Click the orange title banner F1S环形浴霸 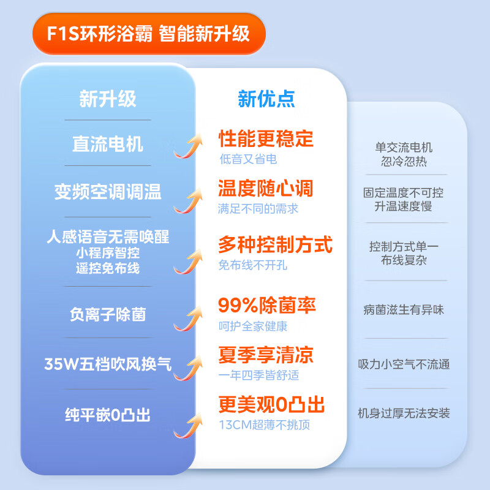coord(149,32)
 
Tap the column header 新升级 coord(108,99)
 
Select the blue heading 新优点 coord(266,99)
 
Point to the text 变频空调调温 coord(108,192)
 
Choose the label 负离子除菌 coord(108,314)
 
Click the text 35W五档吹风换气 coord(108,365)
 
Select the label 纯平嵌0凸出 coord(108,415)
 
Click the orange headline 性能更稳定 coord(266,138)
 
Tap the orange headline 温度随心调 coord(266,187)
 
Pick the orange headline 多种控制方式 coord(275,245)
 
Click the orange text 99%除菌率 coord(267,305)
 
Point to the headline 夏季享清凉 coord(266,354)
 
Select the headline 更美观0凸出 coord(271,404)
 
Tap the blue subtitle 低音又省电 coord(248,159)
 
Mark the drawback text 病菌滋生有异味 coord(404,310)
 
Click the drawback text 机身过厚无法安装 coord(404,413)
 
